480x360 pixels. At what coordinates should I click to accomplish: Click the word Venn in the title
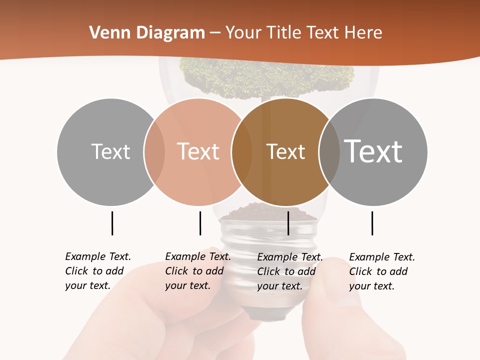tap(107, 33)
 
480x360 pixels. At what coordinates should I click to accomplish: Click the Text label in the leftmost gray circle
tap(110, 151)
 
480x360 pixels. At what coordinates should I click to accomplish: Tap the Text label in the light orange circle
tap(198, 151)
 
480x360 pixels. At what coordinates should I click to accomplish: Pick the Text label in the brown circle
tap(285, 151)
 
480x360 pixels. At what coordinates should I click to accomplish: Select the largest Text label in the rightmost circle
tap(373, 151)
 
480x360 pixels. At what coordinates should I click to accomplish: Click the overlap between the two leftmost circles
tap(154, 151)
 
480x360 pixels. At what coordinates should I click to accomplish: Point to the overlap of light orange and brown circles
tap(242, 151)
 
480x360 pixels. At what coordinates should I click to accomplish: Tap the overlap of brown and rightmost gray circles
tap(329, 151)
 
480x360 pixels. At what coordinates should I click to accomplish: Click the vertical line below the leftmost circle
tap(112, 223)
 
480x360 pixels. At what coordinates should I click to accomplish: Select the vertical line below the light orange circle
tap(200, 223)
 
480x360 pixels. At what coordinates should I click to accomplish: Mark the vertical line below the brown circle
tap(288, 223)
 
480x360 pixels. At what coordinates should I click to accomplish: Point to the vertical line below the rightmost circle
tap(372, 223)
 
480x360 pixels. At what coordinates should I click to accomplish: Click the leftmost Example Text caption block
tap(98, 271)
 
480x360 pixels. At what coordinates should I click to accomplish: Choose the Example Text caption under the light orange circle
tap(198, 271)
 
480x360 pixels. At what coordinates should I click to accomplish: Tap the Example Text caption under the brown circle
tap(290, 271)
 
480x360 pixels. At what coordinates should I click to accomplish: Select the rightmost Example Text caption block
tap(382, 271)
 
